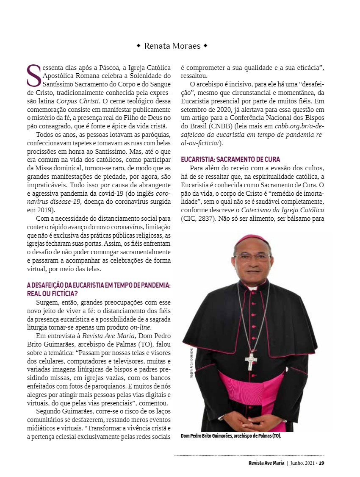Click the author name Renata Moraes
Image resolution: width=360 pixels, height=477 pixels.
pos(172,46)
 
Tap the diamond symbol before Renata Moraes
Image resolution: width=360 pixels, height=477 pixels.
pos(138,46)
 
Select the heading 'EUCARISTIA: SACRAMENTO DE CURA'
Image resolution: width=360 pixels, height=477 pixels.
pos(230,159)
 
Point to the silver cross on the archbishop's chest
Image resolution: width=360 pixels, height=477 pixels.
pos(251,361)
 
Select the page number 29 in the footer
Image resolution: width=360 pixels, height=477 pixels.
pos(321,463)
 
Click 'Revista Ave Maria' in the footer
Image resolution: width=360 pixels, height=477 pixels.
pos(266,463)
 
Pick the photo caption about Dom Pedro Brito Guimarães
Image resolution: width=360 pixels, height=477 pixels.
pos(231,435)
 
